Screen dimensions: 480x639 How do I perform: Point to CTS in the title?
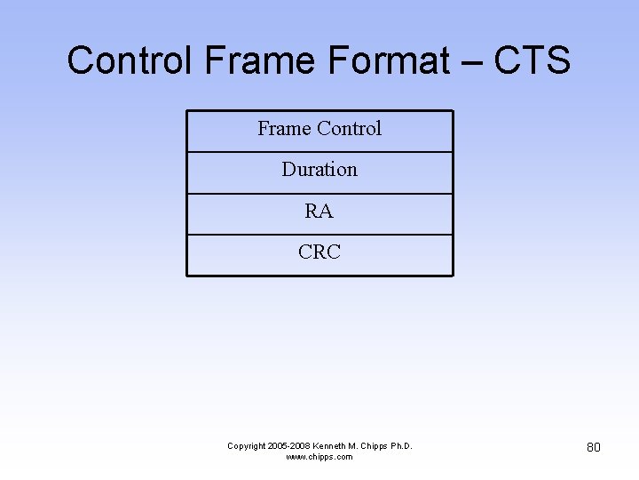pyautogui.click(x=532, y=61)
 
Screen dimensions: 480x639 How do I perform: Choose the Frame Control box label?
pyautogui.click(x=319, y=129)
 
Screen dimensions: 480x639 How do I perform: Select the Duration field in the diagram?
pyautogui.click(x=319, y=170)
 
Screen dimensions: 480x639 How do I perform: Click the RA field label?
pyautogui.click(x=319, y=212)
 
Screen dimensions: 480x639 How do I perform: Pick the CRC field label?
pyautogui.click(x=319, y=252)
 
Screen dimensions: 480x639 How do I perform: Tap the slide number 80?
pyautogui.click(x=594, y=447)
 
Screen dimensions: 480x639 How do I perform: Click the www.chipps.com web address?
pyautogui.click(x=319, y=457)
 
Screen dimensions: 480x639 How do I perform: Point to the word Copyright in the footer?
pyautogui.click(x=248, y=445)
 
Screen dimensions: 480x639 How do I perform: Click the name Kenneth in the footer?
pyautogui.click(x=333, y=445)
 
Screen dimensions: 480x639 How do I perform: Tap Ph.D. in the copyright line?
pyautogui.click(x=401, y=445)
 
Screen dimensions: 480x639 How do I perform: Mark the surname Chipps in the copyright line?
pyautogui.click(x=374, y=445)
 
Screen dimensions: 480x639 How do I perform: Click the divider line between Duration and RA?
pyautogui.click(x=319, y=193)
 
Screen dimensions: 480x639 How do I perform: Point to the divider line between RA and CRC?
pyautogui.click(x=319, y=235)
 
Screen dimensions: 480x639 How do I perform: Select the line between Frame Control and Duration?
pyautogui.click(x=319, y=152)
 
